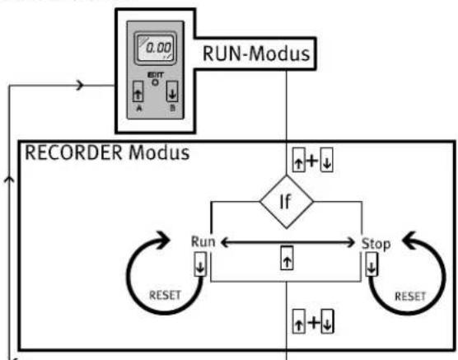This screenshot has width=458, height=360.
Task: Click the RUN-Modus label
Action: [256, 54]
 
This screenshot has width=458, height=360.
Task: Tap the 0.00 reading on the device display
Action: [158, 48]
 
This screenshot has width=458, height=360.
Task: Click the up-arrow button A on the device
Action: [138, 91]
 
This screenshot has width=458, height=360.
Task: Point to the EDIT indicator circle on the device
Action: [155, 82]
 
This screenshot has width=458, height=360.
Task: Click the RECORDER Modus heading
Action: [107, 152]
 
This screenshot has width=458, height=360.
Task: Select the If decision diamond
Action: [287, 202]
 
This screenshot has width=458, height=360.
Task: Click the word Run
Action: [203, 241]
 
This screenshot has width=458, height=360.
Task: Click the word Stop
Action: [376, 244]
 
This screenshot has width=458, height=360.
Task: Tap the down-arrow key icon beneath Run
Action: [200, 264]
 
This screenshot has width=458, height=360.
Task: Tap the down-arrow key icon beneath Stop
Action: [372, 264]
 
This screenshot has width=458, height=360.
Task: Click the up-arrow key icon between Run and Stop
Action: [287, 258]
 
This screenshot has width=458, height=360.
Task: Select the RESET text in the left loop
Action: [165, 295]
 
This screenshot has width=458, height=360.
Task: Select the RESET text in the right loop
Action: [410, 297]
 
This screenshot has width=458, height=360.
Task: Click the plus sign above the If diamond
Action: [312, 160]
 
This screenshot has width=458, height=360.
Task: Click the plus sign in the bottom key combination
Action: [314, 322]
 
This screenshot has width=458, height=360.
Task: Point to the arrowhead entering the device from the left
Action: [80, 86]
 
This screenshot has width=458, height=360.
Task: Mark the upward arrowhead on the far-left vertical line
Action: [9, 179]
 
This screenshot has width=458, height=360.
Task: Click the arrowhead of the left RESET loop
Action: [163, 240]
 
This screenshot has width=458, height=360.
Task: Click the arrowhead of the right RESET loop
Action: [409, 241]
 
